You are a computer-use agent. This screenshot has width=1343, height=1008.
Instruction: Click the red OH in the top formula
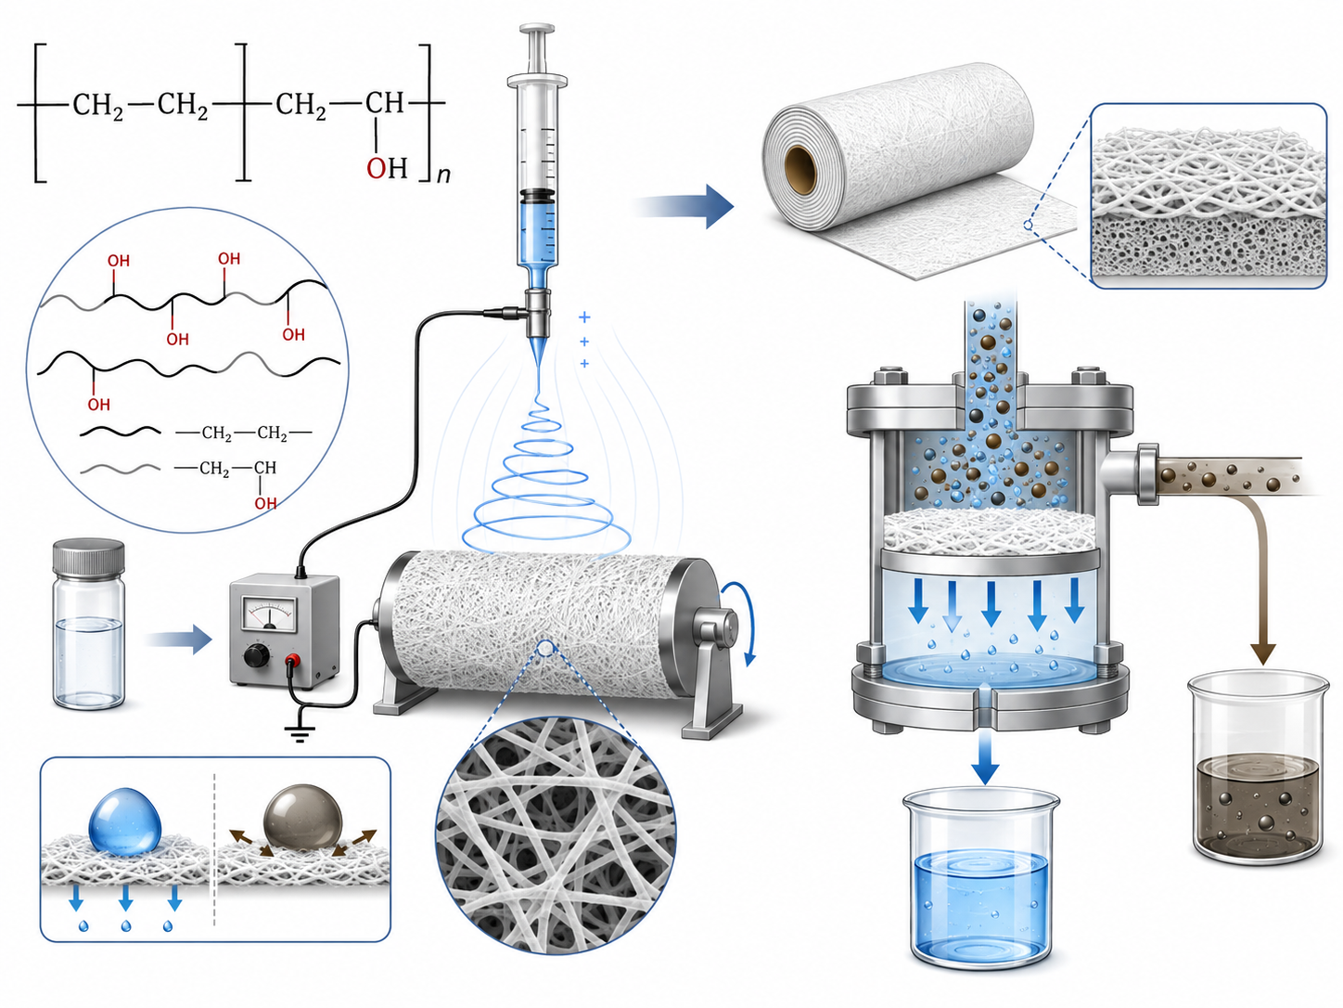click(387, 167)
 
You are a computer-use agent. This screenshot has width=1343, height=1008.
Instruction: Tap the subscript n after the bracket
click(443, 175)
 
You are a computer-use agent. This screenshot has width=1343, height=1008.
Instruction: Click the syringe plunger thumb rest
click(537, 30)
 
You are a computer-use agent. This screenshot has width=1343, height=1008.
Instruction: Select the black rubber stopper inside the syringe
click(538, 197)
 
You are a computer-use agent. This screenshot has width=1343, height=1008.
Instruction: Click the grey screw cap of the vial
click(89, 556)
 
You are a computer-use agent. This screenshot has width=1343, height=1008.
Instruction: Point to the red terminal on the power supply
click(293, 660)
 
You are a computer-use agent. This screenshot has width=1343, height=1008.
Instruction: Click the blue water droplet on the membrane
click(125, 821)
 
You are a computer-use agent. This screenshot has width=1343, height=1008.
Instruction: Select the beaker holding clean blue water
click(981, 877)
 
